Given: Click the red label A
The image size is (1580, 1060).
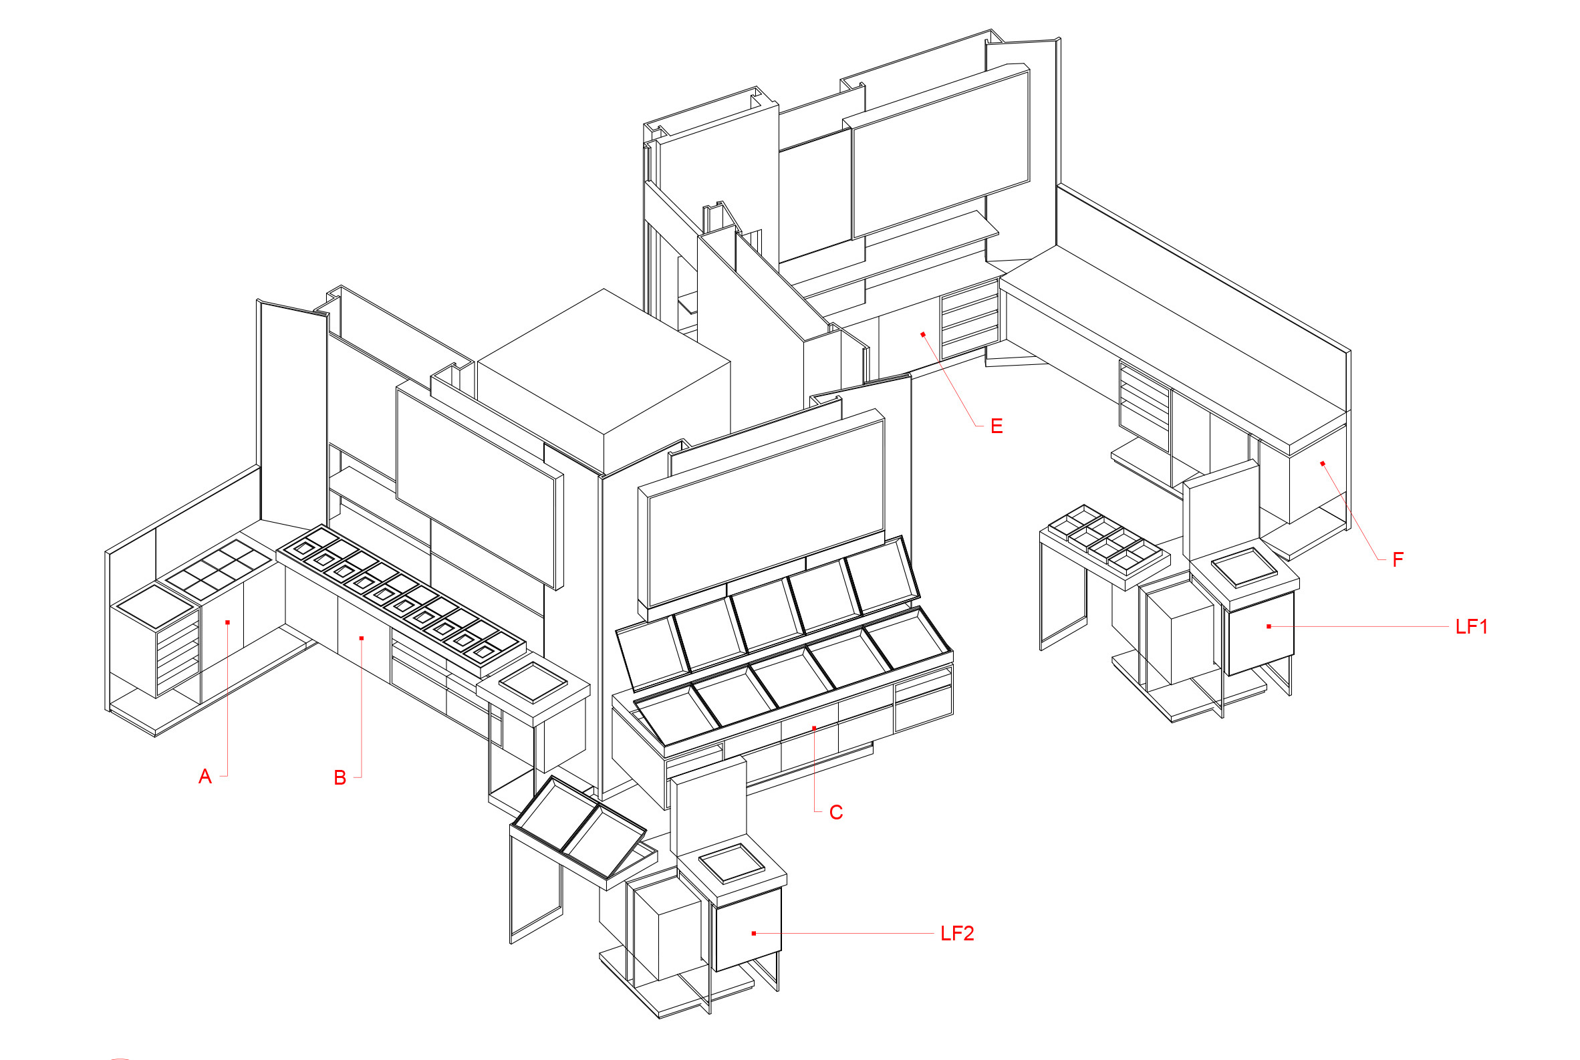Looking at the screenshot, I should click(205, 777).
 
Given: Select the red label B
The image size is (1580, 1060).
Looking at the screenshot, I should click(340, 778).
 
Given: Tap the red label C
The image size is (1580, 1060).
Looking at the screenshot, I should click(835, 813).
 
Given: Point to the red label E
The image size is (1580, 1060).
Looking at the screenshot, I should click(996, 426).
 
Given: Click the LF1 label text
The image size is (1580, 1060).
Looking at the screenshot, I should click(1471, 628).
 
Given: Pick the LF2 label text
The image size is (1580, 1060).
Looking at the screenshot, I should click(956, 934).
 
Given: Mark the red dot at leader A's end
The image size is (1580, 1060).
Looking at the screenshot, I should click(228, 623).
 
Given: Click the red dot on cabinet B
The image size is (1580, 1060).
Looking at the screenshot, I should click(362, 638).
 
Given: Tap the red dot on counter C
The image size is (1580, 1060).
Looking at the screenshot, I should click(815, 728).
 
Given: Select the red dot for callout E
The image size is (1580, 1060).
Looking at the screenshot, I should click(923, 335).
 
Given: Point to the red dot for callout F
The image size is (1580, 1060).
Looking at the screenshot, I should click(1323, 464).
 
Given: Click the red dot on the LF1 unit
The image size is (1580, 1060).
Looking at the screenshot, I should click(1269, 627).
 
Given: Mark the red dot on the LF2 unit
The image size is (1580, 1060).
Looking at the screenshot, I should click(754, 934).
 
